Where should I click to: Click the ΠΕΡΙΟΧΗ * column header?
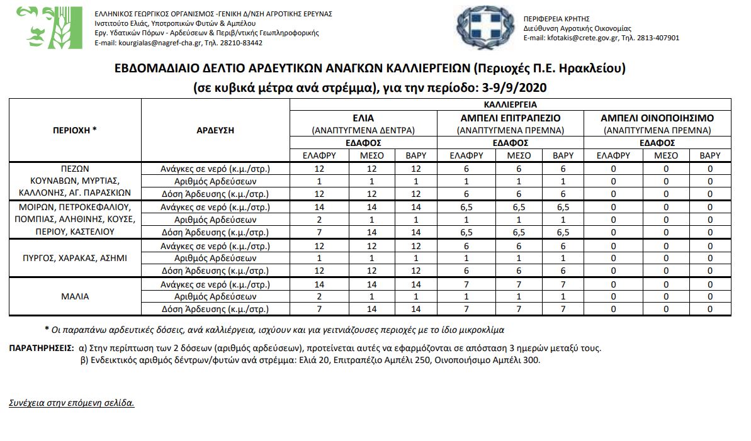(75, 130)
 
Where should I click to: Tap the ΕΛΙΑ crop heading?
(363, 118)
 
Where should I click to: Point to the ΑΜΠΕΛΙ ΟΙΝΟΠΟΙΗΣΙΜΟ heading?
(657, 118)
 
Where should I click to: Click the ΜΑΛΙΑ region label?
(75, 296)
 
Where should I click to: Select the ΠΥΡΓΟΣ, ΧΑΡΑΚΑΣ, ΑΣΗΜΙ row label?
(75, 258)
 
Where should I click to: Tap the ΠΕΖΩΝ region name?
(75, 169)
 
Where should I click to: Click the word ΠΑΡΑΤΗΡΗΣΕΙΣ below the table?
(42, 348)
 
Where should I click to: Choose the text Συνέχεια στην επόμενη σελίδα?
(72, 403)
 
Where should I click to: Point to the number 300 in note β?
(532, 360)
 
